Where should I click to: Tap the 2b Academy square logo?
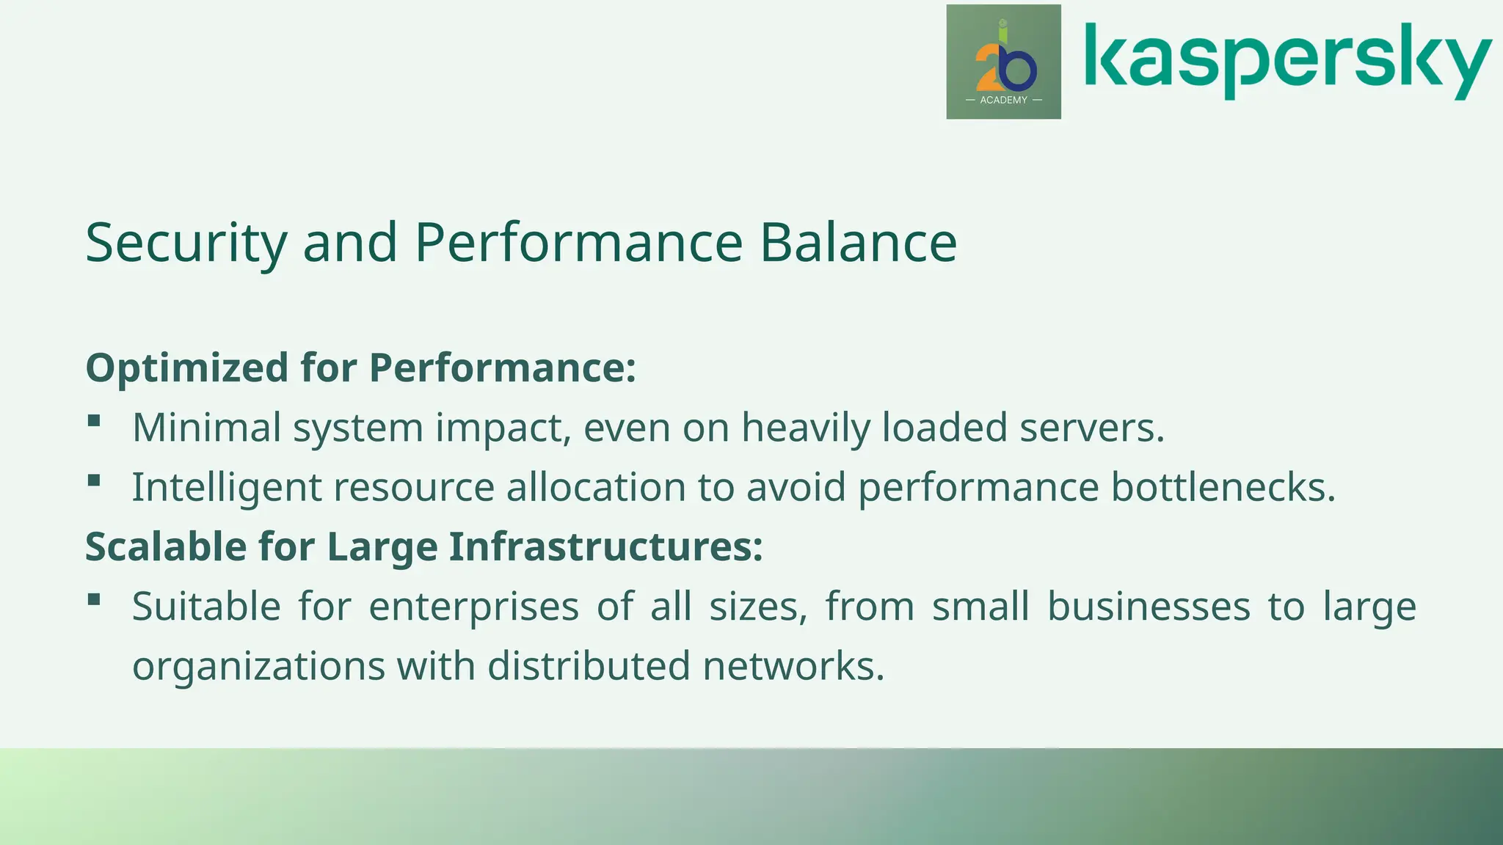coord(1003,62)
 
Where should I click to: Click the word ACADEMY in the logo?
coord(1003,100)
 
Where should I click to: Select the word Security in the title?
coord(186,243)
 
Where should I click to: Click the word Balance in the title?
coord(858,243)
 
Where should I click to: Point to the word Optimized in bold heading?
coord(186,367)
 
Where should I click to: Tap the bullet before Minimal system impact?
coord(94,421)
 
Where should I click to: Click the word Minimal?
coord(206,428)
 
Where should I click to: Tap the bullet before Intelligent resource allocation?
coord(94,481)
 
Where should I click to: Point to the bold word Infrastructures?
coord(606,546)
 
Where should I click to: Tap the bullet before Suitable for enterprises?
coord(94,600)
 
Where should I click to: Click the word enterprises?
coord(474,607)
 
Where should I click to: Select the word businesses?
coord(1149,607)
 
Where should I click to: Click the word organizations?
coord(258,667)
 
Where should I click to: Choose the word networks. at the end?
coord(793,667)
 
